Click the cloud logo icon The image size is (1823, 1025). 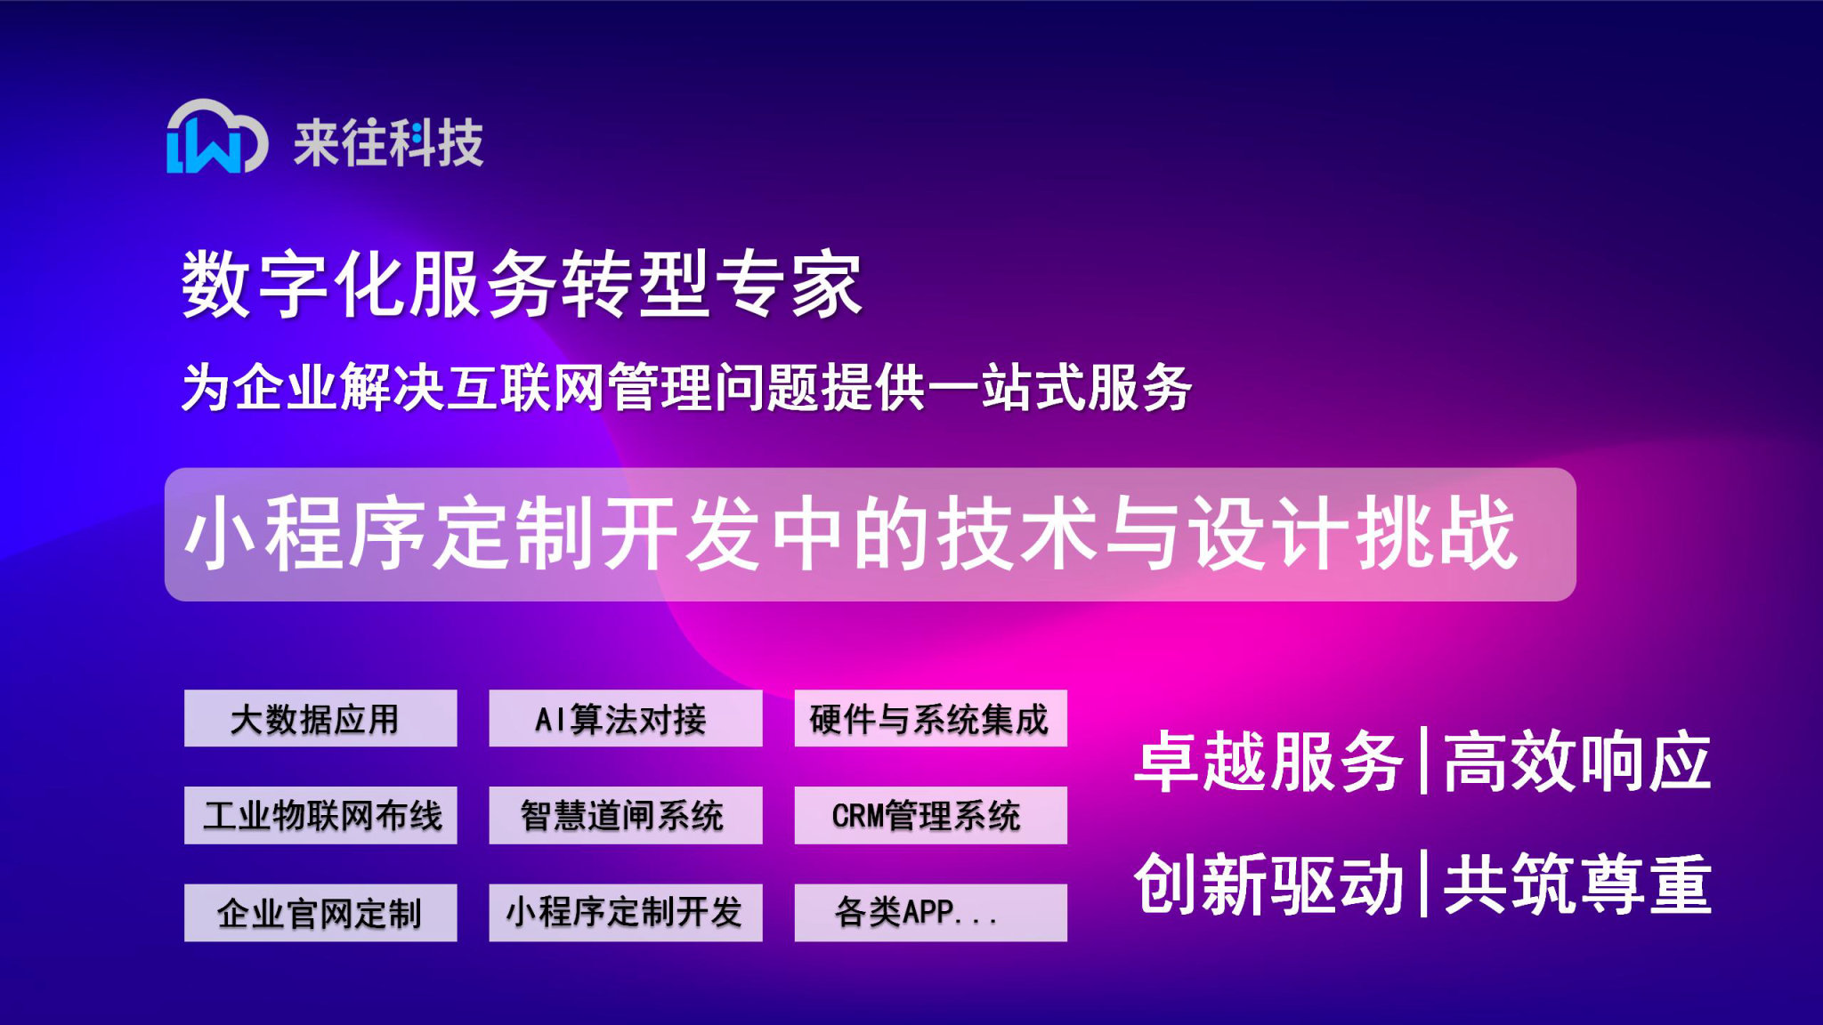(x=216, y=137)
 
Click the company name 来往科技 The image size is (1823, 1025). (x=389, y=143)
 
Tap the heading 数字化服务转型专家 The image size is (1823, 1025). (x=522, y=284)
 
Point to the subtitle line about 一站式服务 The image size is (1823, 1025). (x=685, y=388)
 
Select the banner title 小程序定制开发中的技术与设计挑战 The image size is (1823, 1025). (x=851, y=534)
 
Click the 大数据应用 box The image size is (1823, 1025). (x=320, y=718)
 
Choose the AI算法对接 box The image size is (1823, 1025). (x=625, y=718)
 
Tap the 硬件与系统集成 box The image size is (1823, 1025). (x=930, y=718)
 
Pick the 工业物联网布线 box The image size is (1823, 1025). (x=320, y=815)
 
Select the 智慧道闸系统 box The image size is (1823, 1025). (x=625, y=815)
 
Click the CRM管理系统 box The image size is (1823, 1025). (x=930, y=815)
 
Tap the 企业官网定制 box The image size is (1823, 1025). (x=320, y=912)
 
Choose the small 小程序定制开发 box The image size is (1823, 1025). (x=625, y=912)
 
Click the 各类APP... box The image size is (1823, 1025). (x=930, y=912)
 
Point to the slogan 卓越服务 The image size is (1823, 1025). (x=1268, y=762)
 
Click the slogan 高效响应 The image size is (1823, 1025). (x=1577, y=762)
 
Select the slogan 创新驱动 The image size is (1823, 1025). (x=1268, y=884)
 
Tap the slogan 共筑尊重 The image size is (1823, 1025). (x=1577, y=884)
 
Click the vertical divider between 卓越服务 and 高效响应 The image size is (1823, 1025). (x=1424, y=761)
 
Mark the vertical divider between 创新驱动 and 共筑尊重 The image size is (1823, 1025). (x=1424, y=884)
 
